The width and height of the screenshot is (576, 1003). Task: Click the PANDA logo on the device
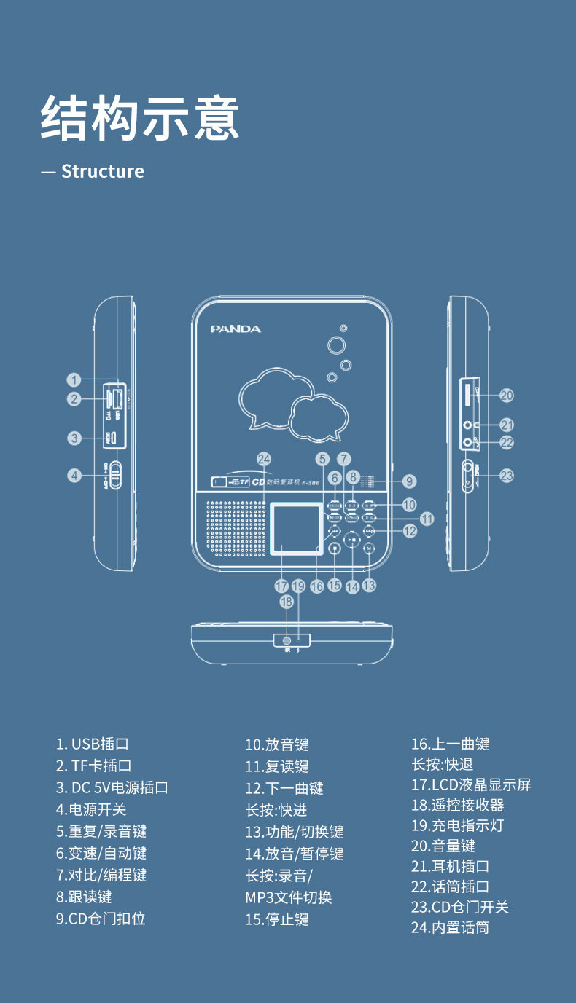click(236, 329)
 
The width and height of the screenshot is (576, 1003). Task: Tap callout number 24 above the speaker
click(264, 459)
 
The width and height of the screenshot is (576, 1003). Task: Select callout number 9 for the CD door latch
click(410, 481)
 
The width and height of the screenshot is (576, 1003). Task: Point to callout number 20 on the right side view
click(507, 396)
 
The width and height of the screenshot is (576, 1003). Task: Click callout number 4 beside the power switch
click(74, 476)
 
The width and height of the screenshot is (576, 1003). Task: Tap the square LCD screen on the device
click(297, 528)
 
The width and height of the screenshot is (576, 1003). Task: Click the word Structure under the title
click(102, 171)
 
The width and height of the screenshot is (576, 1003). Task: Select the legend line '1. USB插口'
click(93, 744)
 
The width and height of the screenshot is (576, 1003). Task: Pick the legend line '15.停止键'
click(277, 919)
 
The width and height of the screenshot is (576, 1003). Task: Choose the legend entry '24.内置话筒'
click(450, 927)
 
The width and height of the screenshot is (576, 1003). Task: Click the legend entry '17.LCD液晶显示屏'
click(471, 784)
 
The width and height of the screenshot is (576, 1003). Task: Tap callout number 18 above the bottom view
click(287, 602)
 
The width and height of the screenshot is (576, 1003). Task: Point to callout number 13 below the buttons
click(370, 585)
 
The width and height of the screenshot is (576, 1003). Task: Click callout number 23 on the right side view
click(507, 476)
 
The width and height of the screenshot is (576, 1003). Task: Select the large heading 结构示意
click(140, 118)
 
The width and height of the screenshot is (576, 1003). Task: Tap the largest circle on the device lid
click(336, 345)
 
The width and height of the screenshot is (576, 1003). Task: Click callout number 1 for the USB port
click(74, 379)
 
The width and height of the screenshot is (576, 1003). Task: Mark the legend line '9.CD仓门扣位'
click(101, 919)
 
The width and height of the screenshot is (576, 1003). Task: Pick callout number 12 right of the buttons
click(410, 531)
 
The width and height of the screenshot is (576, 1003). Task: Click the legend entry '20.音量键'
click(443, 846)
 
